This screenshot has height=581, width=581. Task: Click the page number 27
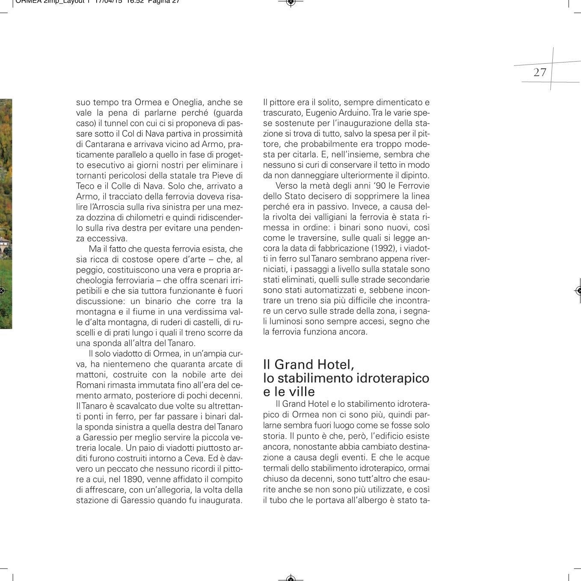540,72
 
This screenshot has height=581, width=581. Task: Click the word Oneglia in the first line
188,103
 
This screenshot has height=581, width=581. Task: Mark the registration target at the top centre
290,3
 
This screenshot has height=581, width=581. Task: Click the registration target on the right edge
578,290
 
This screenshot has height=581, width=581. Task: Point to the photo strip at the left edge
6,214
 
